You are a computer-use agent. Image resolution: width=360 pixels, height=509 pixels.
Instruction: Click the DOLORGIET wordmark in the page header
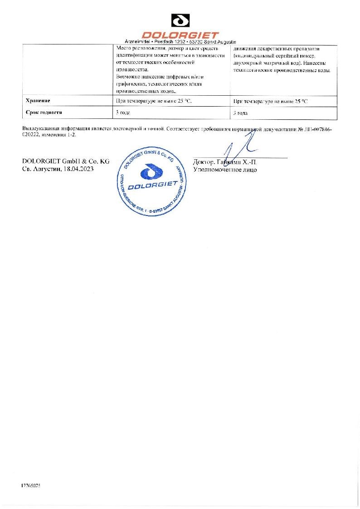point(180,34)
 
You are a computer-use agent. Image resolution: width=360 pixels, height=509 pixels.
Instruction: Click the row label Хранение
point(38,101)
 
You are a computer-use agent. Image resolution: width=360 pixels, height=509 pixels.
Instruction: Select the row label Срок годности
point(44,113)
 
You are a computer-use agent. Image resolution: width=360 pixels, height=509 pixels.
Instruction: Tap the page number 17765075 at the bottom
point(31,485)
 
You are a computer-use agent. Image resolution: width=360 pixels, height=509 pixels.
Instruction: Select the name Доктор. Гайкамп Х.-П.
point(225,162)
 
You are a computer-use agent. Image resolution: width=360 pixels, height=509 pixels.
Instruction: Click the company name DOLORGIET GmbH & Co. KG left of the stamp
point(66,162)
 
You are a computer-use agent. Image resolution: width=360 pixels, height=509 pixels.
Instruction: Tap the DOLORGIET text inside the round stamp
point(152,187)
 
